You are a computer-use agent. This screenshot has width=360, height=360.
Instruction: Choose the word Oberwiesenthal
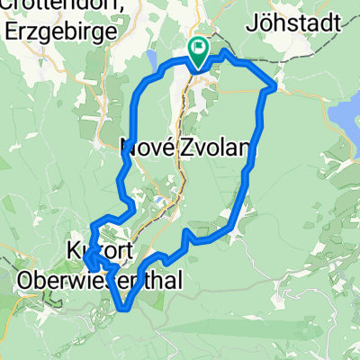tap(99, 280)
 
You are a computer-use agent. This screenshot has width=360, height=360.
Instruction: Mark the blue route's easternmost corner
tap(274, 86)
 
